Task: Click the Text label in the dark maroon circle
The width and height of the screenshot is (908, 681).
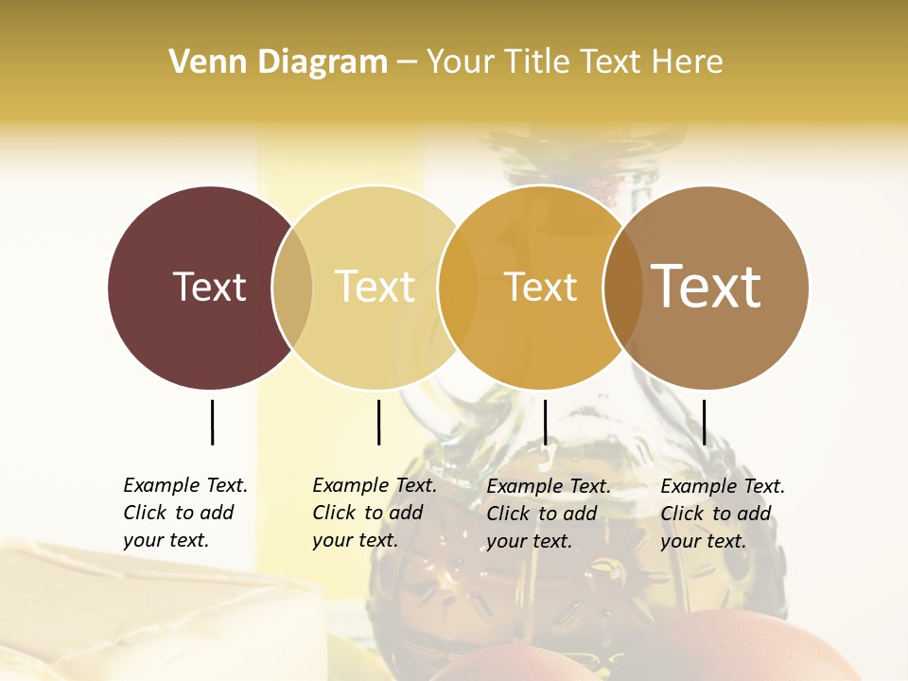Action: [x=209, y=287]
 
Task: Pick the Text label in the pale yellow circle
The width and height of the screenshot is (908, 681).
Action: [x=375, y=287]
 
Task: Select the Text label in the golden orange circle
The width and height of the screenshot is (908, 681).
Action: [x=540, y=287]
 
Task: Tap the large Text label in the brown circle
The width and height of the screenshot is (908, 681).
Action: [x=707, y=287]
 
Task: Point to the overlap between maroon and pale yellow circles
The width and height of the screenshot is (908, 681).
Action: [x=292, y=288]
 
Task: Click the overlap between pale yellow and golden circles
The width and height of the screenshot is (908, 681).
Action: [x=458, y=288]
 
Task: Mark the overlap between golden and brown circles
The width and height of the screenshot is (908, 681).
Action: [x=623, y=288]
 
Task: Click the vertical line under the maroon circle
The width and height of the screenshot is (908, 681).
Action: [x=212, y=422]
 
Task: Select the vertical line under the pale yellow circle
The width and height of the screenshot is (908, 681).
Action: [x=378, y=422]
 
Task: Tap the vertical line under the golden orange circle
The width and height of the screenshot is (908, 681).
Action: [x=545, y=422]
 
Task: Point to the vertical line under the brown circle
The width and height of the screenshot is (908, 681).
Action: [x=704, y=422]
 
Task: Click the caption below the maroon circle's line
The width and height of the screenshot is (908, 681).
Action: [x=184, y=513]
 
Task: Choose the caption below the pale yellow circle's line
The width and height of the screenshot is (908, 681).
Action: [x=374, y=513]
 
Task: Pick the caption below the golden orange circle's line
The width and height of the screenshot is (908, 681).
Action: [x=548, y=514]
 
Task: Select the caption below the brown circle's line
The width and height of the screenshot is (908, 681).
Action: [x=722, y=514]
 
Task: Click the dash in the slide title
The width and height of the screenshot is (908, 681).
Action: [x=407, y=63]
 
